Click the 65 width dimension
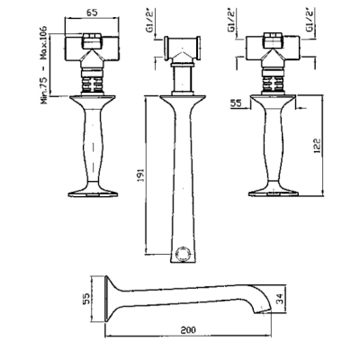(x=92, y=13)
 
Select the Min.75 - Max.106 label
(x=44, y=65)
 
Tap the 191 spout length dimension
(x=141, y=175)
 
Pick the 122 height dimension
(x=317, y=146)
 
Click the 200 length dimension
(x=188, y=330)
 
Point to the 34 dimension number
(x=279, y=299)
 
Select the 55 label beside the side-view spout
(x=86, y=299)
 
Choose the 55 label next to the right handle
(x=236, y=103)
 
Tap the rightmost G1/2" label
(x=310, y=21)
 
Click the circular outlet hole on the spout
(x=183, y=254)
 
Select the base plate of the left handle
(x=92, y=192)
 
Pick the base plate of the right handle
(x=273, y=192)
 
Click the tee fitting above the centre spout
(x=182, y=49)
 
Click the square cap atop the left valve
(x=92, y=41)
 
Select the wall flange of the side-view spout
(x=106, y=299)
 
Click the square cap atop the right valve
(x=273, y=40)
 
